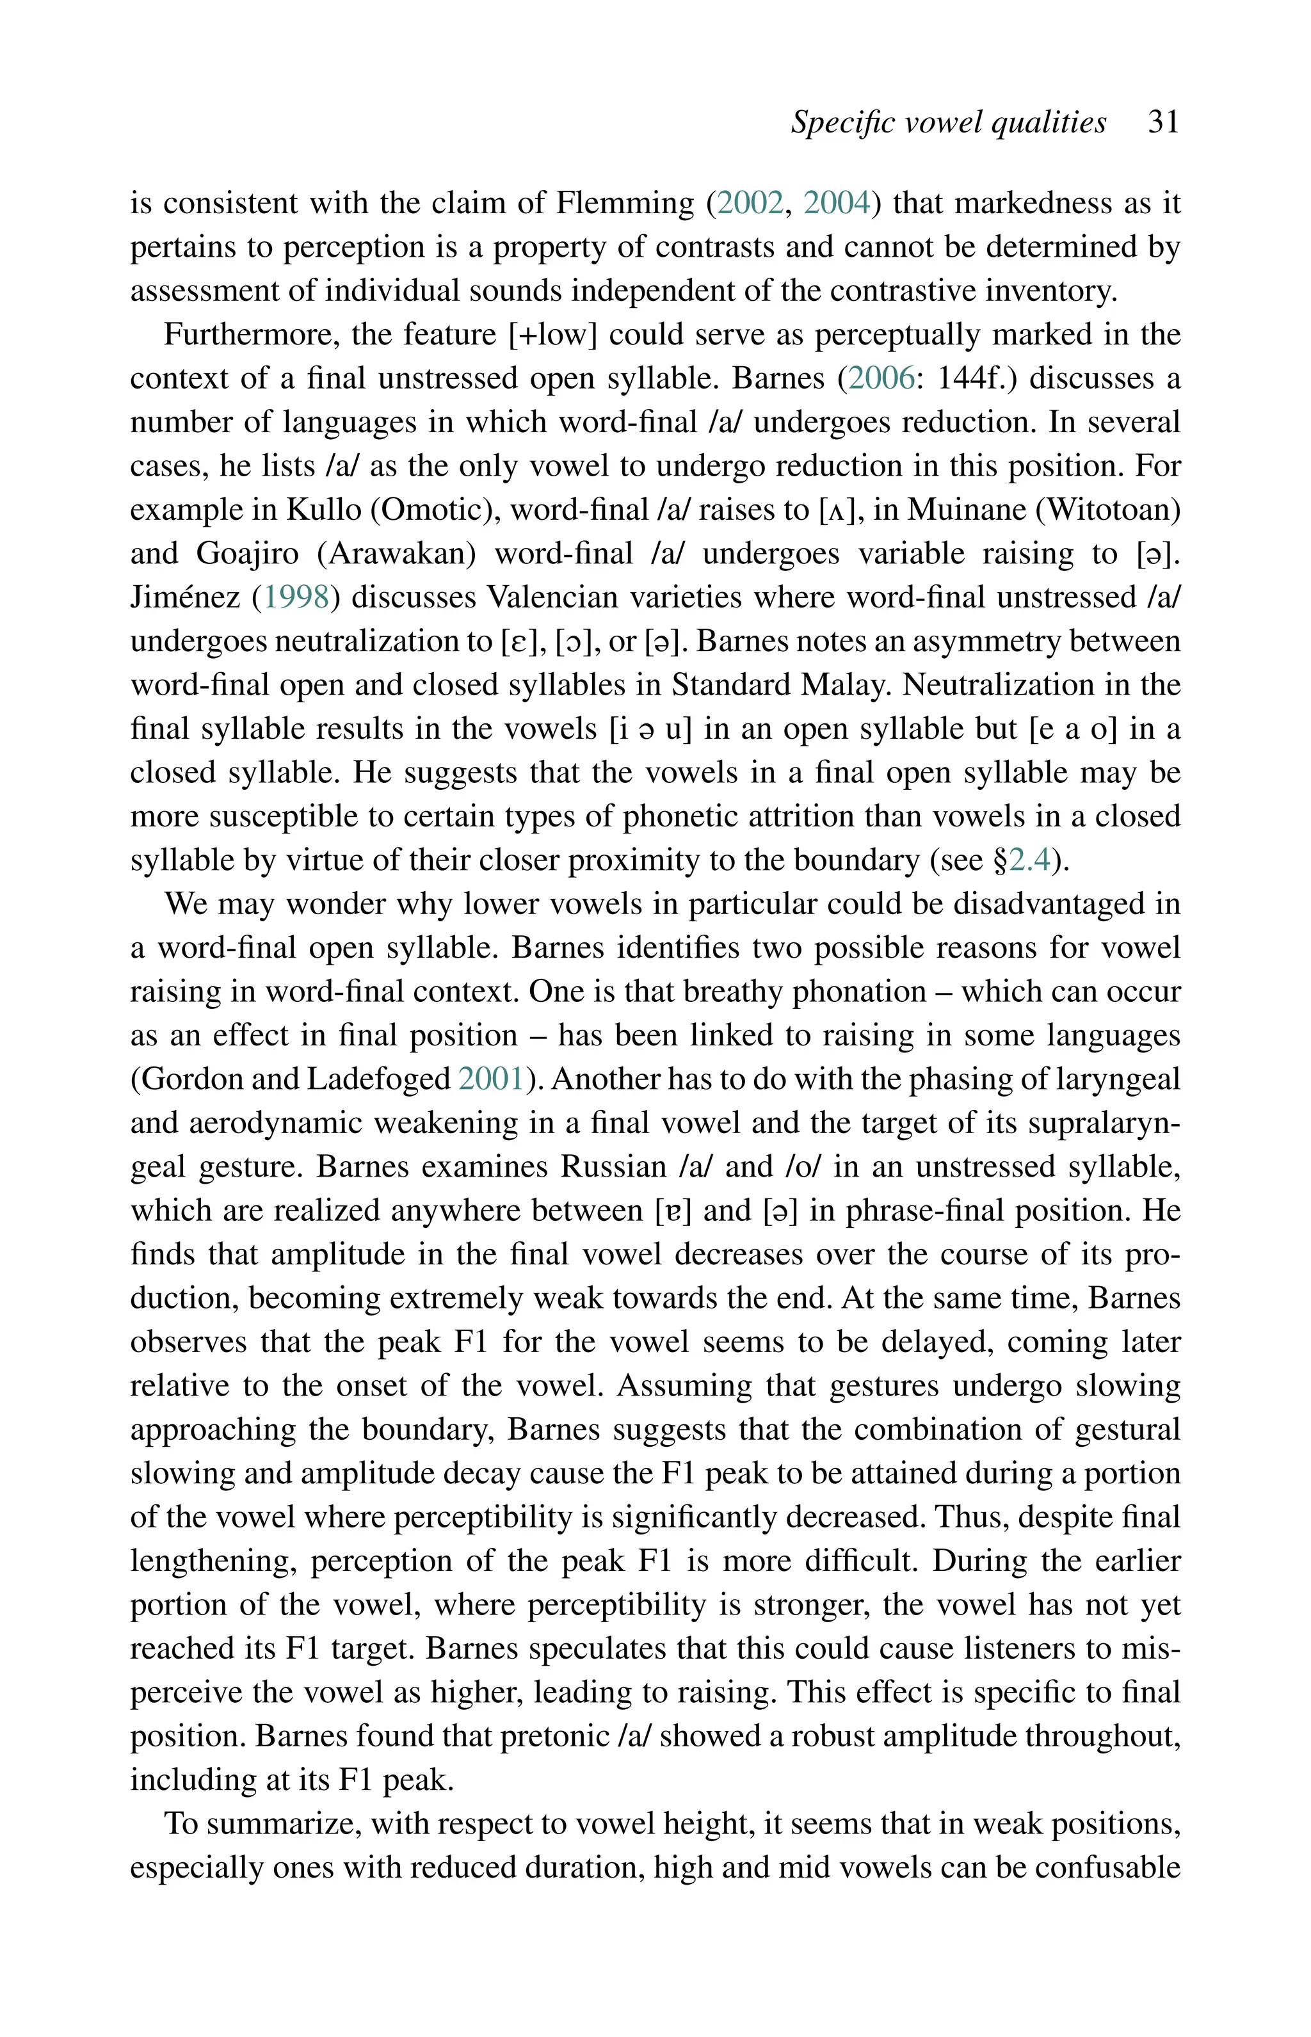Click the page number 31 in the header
point(1163,122)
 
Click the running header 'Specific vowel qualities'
point(948,122)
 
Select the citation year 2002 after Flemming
point(750,204)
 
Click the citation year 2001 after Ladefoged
point(491,1079)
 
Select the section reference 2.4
point(1031,860)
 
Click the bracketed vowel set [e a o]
point(1078,730)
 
